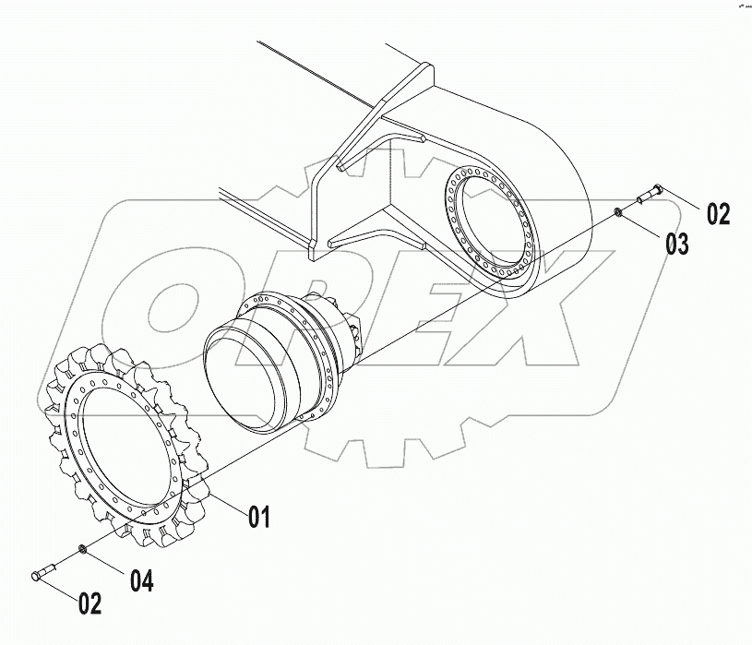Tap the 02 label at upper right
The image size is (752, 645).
[x=718, y=214]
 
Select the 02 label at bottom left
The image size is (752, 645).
[x=90, y=604]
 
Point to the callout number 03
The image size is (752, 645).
[x=677, y=245]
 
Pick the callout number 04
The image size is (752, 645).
[x=141, y=581]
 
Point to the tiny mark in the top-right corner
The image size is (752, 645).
[x=741, y=6]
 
